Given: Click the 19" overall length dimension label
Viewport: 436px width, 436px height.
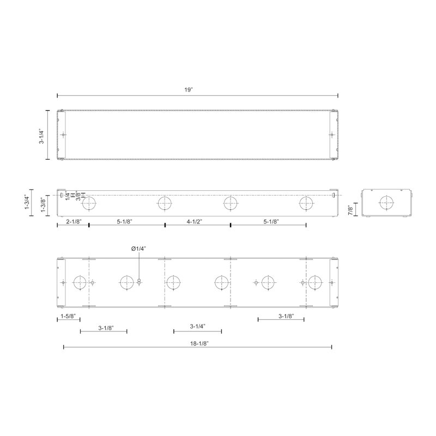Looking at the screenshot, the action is click(x=188, y=90).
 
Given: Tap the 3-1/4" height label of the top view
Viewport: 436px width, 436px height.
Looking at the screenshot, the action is click(x=41, y=136).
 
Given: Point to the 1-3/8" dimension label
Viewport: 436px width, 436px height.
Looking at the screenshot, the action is click(x=44, y=205).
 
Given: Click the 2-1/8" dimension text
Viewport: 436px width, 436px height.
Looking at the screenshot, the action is click(x=74, y=222).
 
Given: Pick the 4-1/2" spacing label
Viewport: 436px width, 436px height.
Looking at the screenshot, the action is click(x=195, y=222).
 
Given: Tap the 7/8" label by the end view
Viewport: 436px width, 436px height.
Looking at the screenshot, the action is click(x=350, y=210).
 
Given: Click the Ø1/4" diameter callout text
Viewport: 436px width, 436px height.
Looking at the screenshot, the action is click(x=139, y=249).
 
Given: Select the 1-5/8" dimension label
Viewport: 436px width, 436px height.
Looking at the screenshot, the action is click(x=68, y=316).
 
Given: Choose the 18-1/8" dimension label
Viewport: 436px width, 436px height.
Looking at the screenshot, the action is click(x=199, y=343).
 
